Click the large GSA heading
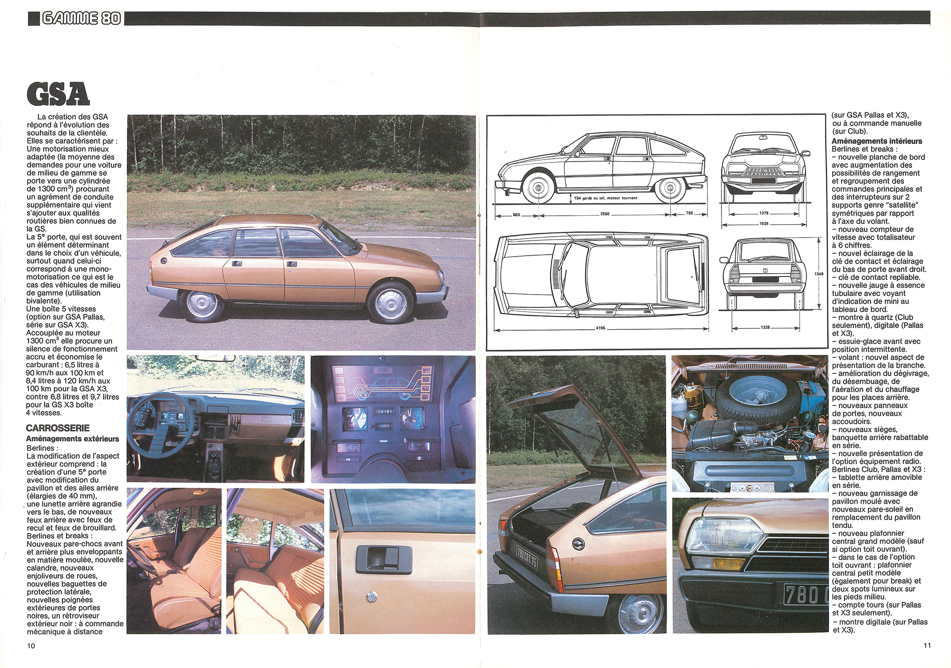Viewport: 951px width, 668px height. [58, 94]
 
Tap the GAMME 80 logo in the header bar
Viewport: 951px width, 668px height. [81, 19]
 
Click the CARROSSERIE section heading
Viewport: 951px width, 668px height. [58, 428]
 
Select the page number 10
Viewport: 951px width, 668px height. [31, 646]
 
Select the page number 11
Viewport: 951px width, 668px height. [927, 645]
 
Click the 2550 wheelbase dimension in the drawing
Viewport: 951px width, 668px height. [605, 214]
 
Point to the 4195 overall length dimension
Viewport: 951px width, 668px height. [601, 328]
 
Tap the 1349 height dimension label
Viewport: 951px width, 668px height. [819, 274]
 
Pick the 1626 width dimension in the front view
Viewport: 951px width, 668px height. [764, 223]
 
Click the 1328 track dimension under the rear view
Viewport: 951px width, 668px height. [765, 327]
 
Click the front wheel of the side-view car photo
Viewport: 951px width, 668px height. [390, 303]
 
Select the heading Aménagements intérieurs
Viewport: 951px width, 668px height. [877, 141]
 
